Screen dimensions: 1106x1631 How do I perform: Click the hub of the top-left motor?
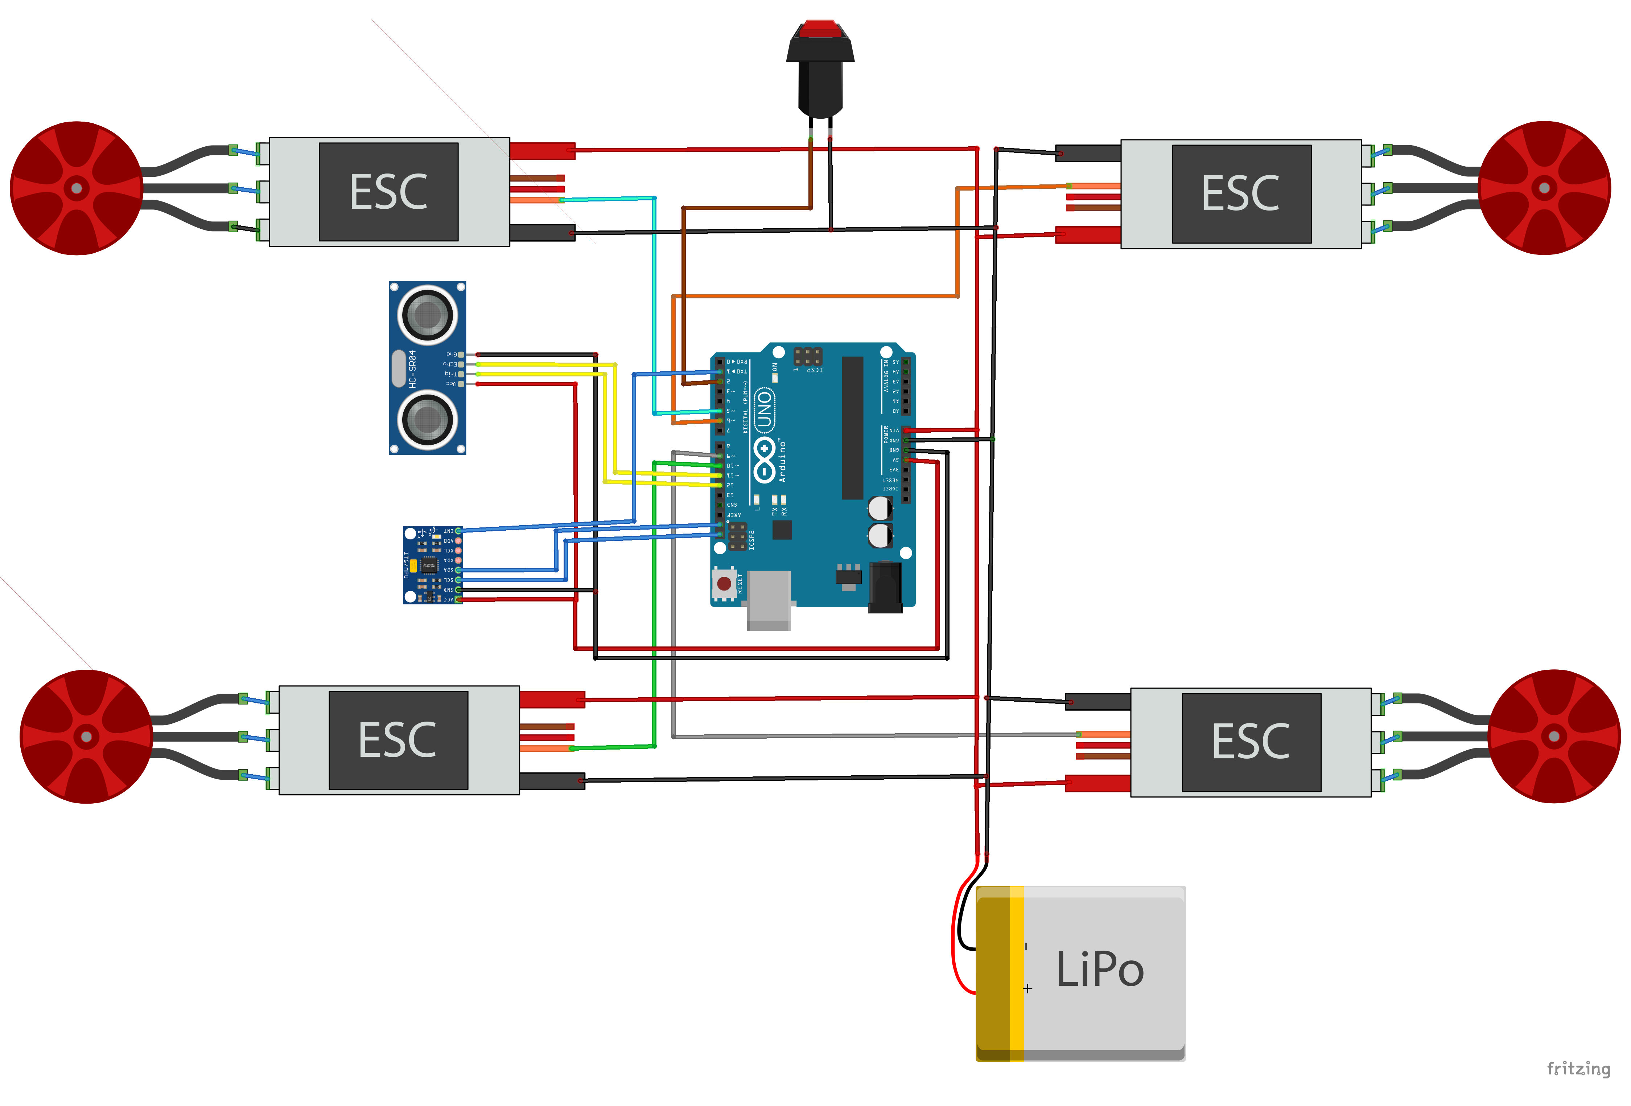point(77,188)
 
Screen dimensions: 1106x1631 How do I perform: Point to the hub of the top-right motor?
point(1544,188)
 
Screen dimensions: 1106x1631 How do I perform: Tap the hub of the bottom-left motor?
point(86,736)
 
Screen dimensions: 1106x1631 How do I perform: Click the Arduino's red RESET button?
point(724,584)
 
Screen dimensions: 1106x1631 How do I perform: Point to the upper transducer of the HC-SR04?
point(427,315)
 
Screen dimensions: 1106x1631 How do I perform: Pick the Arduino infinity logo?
point(764,460)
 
